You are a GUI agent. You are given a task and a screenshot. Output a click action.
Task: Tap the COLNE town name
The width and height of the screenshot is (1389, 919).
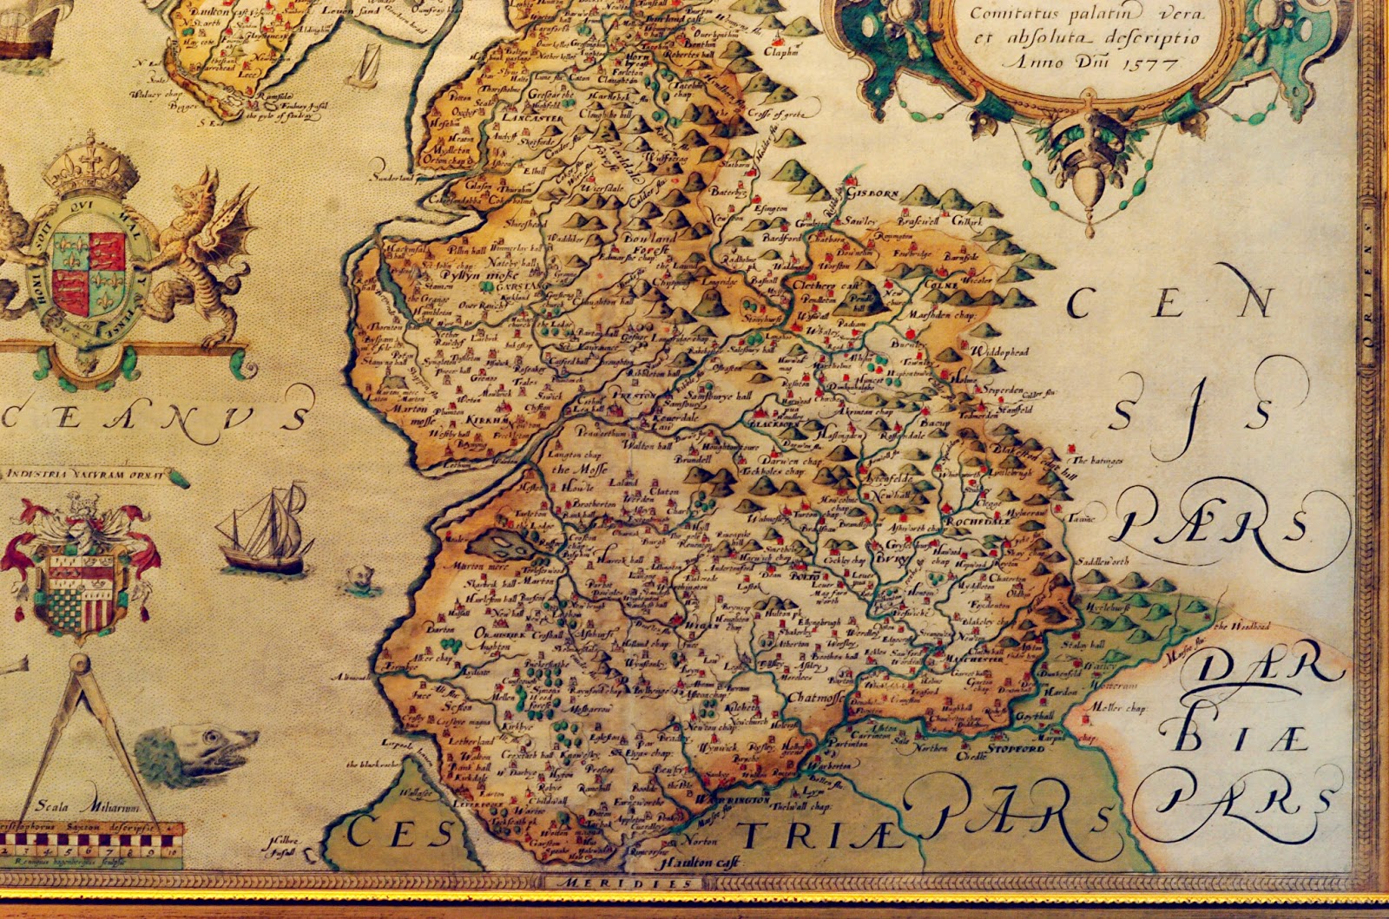point(944,284)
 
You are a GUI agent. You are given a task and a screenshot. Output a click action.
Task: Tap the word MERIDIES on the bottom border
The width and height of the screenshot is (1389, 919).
point(624,883)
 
